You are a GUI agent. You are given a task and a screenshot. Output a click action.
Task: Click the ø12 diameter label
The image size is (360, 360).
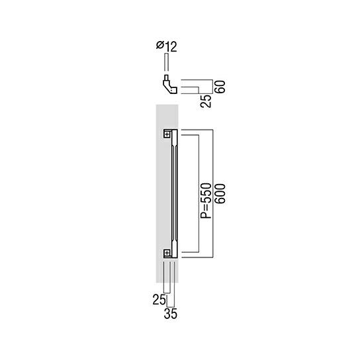coord(167,46)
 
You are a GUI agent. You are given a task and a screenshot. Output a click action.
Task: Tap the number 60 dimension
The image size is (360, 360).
coord(220,87)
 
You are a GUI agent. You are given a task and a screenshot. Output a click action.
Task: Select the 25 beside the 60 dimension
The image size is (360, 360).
coord(206,101)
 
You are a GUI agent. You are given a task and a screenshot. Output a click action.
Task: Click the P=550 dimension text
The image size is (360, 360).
coord(206,201)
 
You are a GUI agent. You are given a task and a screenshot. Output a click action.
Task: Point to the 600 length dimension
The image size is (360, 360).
coord(220,193)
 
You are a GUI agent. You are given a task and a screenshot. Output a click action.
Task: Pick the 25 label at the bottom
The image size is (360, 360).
coord(159,300)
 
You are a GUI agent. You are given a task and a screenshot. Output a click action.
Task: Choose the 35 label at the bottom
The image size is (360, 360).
coord(171,314)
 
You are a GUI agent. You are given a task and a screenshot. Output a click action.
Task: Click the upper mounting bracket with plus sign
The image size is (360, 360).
coord(167,134)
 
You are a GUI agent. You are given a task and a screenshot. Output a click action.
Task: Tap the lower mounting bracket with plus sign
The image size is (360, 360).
coord(167,253)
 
